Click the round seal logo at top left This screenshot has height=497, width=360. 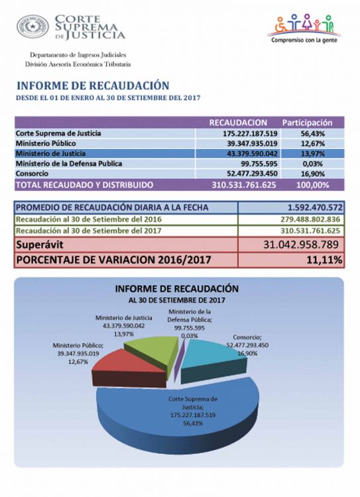[x=32, y=27]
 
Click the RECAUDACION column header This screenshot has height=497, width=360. [x=238, y=123]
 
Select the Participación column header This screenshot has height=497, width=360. [x=307, y=123]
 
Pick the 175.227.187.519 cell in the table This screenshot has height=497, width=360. [x=250, y=133]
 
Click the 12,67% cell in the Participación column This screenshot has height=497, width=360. [x=313, y=144]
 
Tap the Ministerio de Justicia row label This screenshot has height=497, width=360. [x=50, y=154]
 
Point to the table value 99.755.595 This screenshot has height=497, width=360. [x=259, y=164]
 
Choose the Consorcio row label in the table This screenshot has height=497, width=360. [x=32, y=174]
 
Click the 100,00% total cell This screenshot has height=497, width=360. [x=313, y=185]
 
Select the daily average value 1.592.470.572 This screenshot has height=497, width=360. [x=315, y=207]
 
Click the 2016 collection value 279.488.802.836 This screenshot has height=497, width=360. [x=310, y=219]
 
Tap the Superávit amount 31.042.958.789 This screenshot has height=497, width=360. [x=301, y=245]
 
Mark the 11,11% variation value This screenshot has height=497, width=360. [x=324, y=260]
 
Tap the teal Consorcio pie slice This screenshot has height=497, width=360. [x=213, y=358]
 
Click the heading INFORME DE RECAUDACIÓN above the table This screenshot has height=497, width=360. [x=93, y=85]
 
